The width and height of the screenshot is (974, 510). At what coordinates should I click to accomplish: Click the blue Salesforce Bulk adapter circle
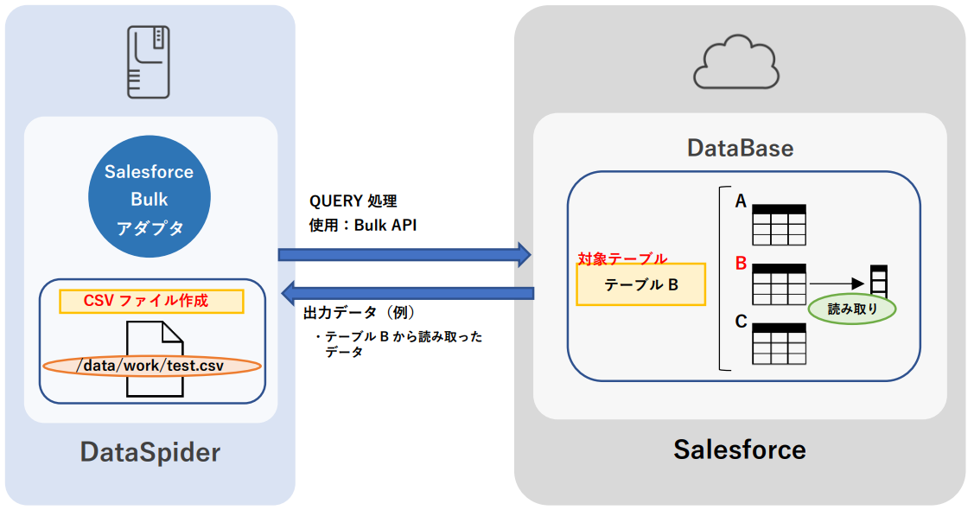(150, 200)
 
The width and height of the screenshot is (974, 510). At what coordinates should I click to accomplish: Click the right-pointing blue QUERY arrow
(404, 254)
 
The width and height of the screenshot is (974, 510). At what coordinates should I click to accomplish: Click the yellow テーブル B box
(641, 284)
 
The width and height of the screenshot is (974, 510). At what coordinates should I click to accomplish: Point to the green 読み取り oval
(852, 308)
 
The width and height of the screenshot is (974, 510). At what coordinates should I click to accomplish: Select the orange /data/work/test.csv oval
(150, 366)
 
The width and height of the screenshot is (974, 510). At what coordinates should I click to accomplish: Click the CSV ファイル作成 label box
(151, 301)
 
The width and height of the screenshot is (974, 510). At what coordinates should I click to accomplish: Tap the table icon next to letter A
(779, 226)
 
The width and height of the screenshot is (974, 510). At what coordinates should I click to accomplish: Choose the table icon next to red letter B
(779, 284)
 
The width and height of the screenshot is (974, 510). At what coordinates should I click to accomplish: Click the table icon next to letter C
(779, 344)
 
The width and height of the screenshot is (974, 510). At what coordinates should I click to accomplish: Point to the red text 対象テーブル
(622, 258)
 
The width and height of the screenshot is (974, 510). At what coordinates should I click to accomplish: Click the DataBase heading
(740, 148)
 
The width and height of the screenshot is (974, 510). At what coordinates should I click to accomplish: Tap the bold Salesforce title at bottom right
(740, 449)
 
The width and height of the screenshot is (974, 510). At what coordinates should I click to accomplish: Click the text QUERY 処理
(353, 201)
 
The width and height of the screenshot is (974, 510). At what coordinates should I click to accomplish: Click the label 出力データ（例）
(360, 312)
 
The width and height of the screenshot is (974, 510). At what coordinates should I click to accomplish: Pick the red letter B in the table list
(741, 263)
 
